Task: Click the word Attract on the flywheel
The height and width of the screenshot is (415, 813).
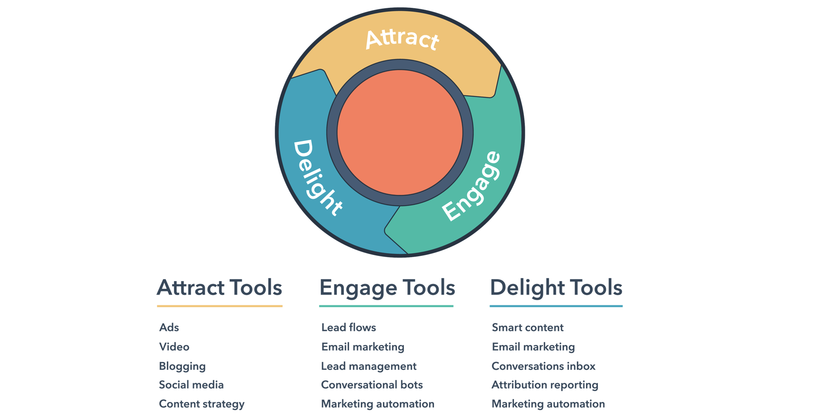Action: coord(402,39)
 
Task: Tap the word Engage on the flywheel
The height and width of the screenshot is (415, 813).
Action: coord(471,186)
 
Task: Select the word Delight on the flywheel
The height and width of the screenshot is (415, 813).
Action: coord(317,177)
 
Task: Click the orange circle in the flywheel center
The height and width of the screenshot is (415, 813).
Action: coord(400,132)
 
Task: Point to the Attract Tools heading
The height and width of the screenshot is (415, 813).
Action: coord(220,288)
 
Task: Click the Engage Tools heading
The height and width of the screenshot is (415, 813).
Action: coord(387,288)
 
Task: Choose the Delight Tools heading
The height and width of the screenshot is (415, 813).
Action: coord(556,288)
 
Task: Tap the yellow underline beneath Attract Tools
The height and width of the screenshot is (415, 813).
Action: coord(220,306)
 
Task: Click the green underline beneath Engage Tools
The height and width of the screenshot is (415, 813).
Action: coord(386,306)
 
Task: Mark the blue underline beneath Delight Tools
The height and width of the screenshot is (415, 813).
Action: coord(556,306)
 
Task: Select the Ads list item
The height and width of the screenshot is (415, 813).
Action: coord(169,328)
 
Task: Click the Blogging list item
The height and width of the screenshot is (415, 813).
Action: coord(182,366)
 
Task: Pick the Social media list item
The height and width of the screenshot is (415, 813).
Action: coord(191,385)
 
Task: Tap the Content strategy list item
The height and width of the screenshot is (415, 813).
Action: coord(202,404)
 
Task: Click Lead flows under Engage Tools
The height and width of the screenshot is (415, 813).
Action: coord(349,328)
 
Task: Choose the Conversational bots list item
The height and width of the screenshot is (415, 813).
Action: coord(372,385)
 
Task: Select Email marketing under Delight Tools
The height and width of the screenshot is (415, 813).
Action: coord(533,347)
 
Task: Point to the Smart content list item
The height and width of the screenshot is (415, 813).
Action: coord(528,328)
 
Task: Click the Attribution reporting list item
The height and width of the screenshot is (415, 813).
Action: coord(545,385)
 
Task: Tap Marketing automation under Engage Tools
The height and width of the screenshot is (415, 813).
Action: coord(378,404)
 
